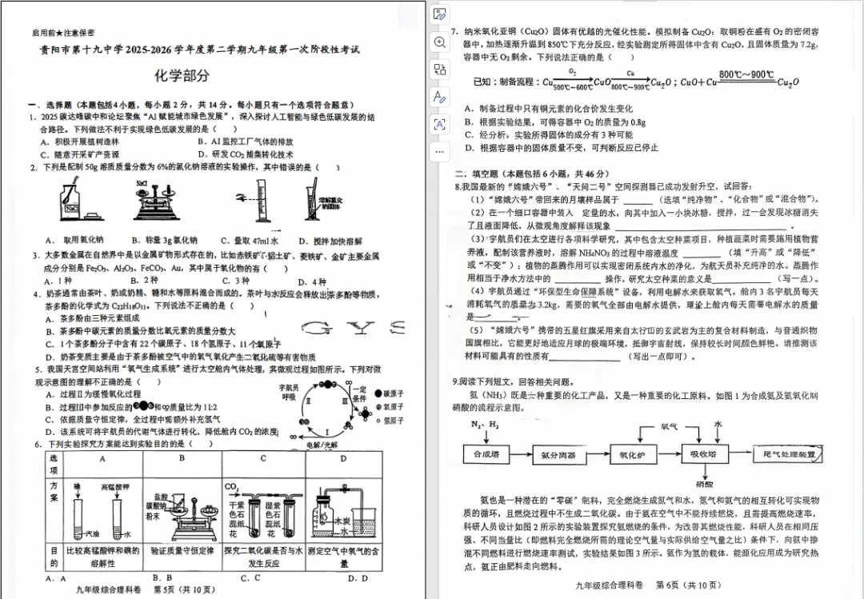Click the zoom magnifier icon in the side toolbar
(439, 42)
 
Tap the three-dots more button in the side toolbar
(439, 150)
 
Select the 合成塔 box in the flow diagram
(486, 454)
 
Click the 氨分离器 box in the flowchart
(558, 454)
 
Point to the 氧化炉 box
(633, 454)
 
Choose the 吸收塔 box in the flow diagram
(705, 454)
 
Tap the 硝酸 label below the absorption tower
(704, 484)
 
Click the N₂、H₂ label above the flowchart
(484, 424)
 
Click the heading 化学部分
(182, 76)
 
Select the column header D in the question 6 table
(343, 458)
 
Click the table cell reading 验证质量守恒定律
(182, 551)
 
